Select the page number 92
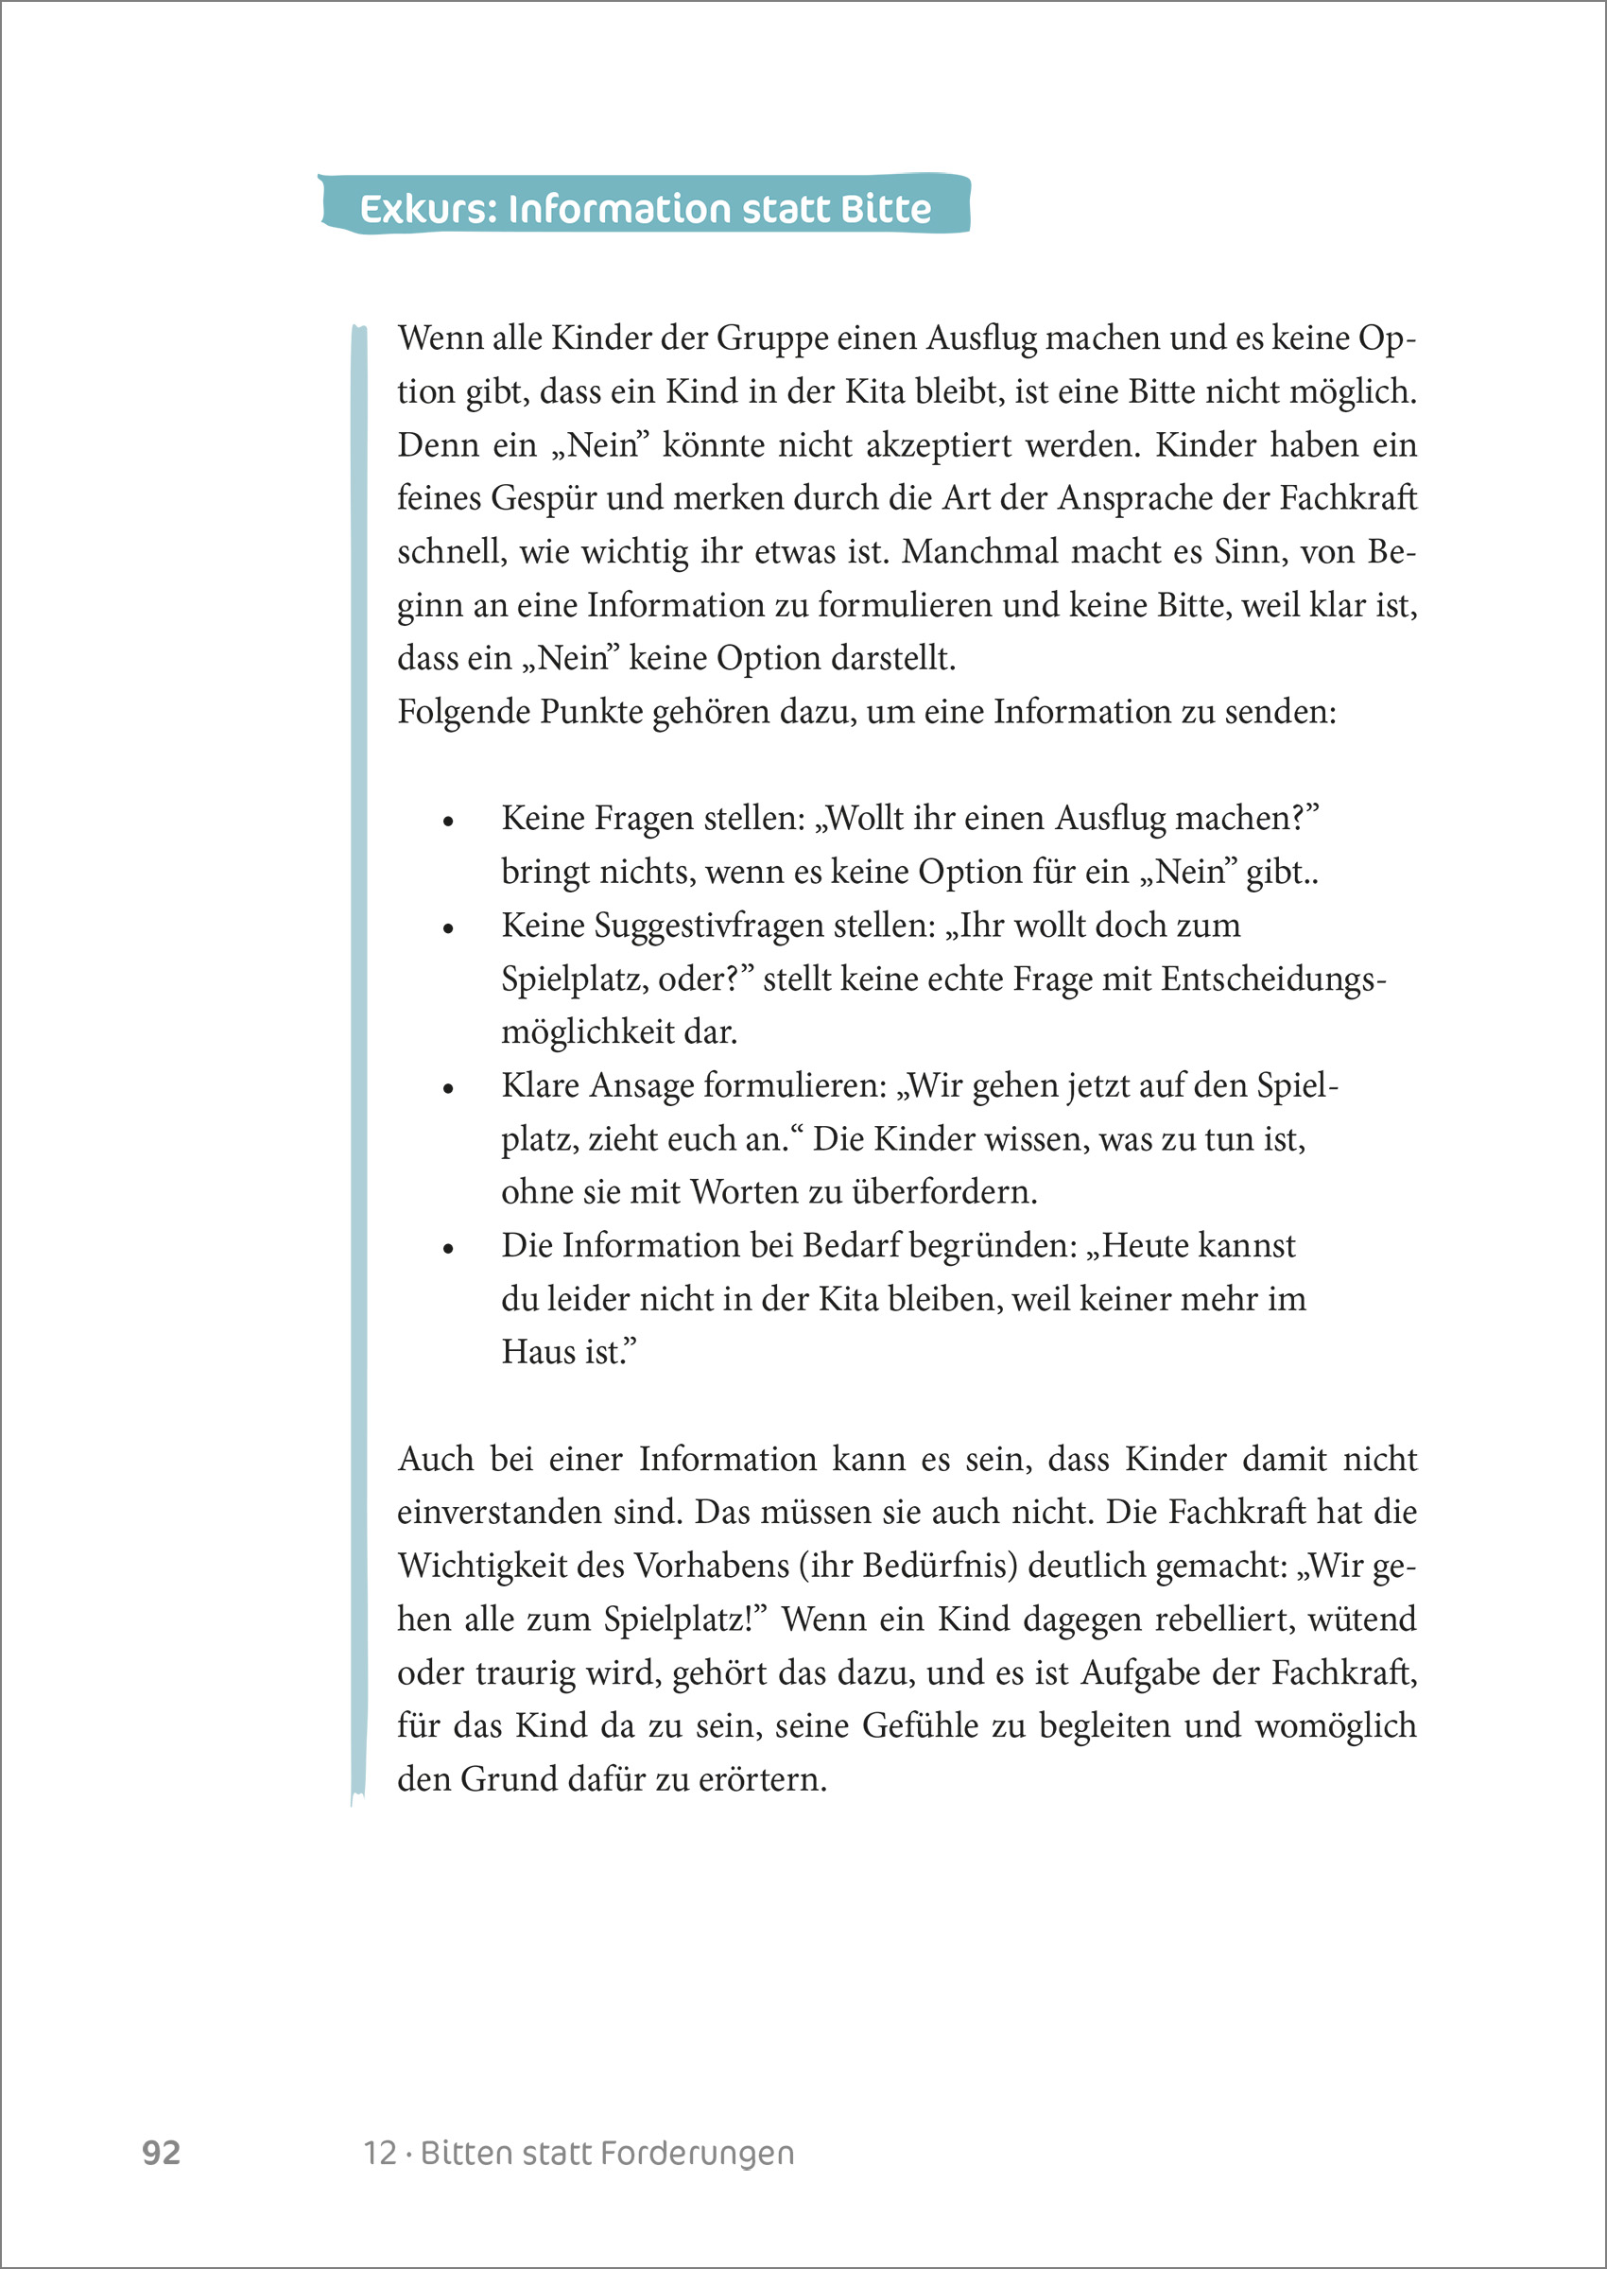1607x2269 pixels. (x=162, y=2152)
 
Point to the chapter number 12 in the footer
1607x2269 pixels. (x=380, y=2154)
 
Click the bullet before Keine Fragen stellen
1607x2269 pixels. (x=448, y=821)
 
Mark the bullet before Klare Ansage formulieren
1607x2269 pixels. (x=448, y=1087)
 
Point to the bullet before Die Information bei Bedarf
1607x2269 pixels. (x=448, y=1248)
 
